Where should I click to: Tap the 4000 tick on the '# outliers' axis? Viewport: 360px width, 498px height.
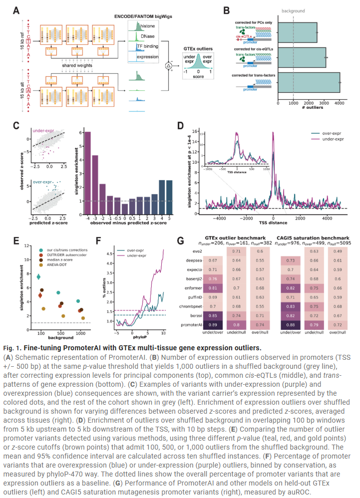[x=340, y=104]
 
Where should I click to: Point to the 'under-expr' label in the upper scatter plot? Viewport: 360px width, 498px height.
[x=45, y=131]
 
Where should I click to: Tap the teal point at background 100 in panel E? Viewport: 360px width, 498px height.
[x=38, y=276]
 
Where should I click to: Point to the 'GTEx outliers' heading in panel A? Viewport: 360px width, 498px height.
[x=197, y=48]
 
